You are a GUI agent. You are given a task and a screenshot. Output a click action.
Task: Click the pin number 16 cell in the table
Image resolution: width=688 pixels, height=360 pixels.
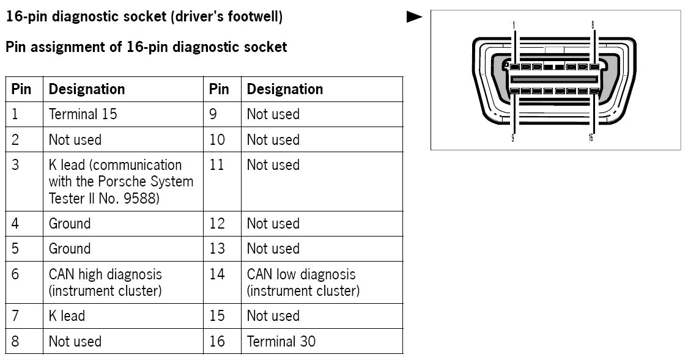217,341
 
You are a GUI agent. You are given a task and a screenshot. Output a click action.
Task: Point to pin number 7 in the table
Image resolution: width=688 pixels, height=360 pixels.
15,316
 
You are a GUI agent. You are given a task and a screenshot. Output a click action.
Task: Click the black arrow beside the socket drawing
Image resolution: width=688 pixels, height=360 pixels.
415,17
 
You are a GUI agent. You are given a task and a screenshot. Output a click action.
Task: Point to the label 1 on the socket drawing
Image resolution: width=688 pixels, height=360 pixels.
514,25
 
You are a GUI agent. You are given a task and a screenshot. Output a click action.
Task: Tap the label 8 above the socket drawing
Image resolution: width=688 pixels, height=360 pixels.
592,25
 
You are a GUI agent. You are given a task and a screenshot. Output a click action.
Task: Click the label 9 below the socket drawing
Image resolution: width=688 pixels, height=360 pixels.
512,138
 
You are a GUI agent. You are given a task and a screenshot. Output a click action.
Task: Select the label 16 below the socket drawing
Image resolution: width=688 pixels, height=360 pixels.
591,138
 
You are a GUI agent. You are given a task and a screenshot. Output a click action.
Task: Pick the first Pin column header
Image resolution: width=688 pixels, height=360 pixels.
21,89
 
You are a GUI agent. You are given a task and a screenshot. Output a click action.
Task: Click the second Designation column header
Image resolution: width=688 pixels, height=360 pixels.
284,89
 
